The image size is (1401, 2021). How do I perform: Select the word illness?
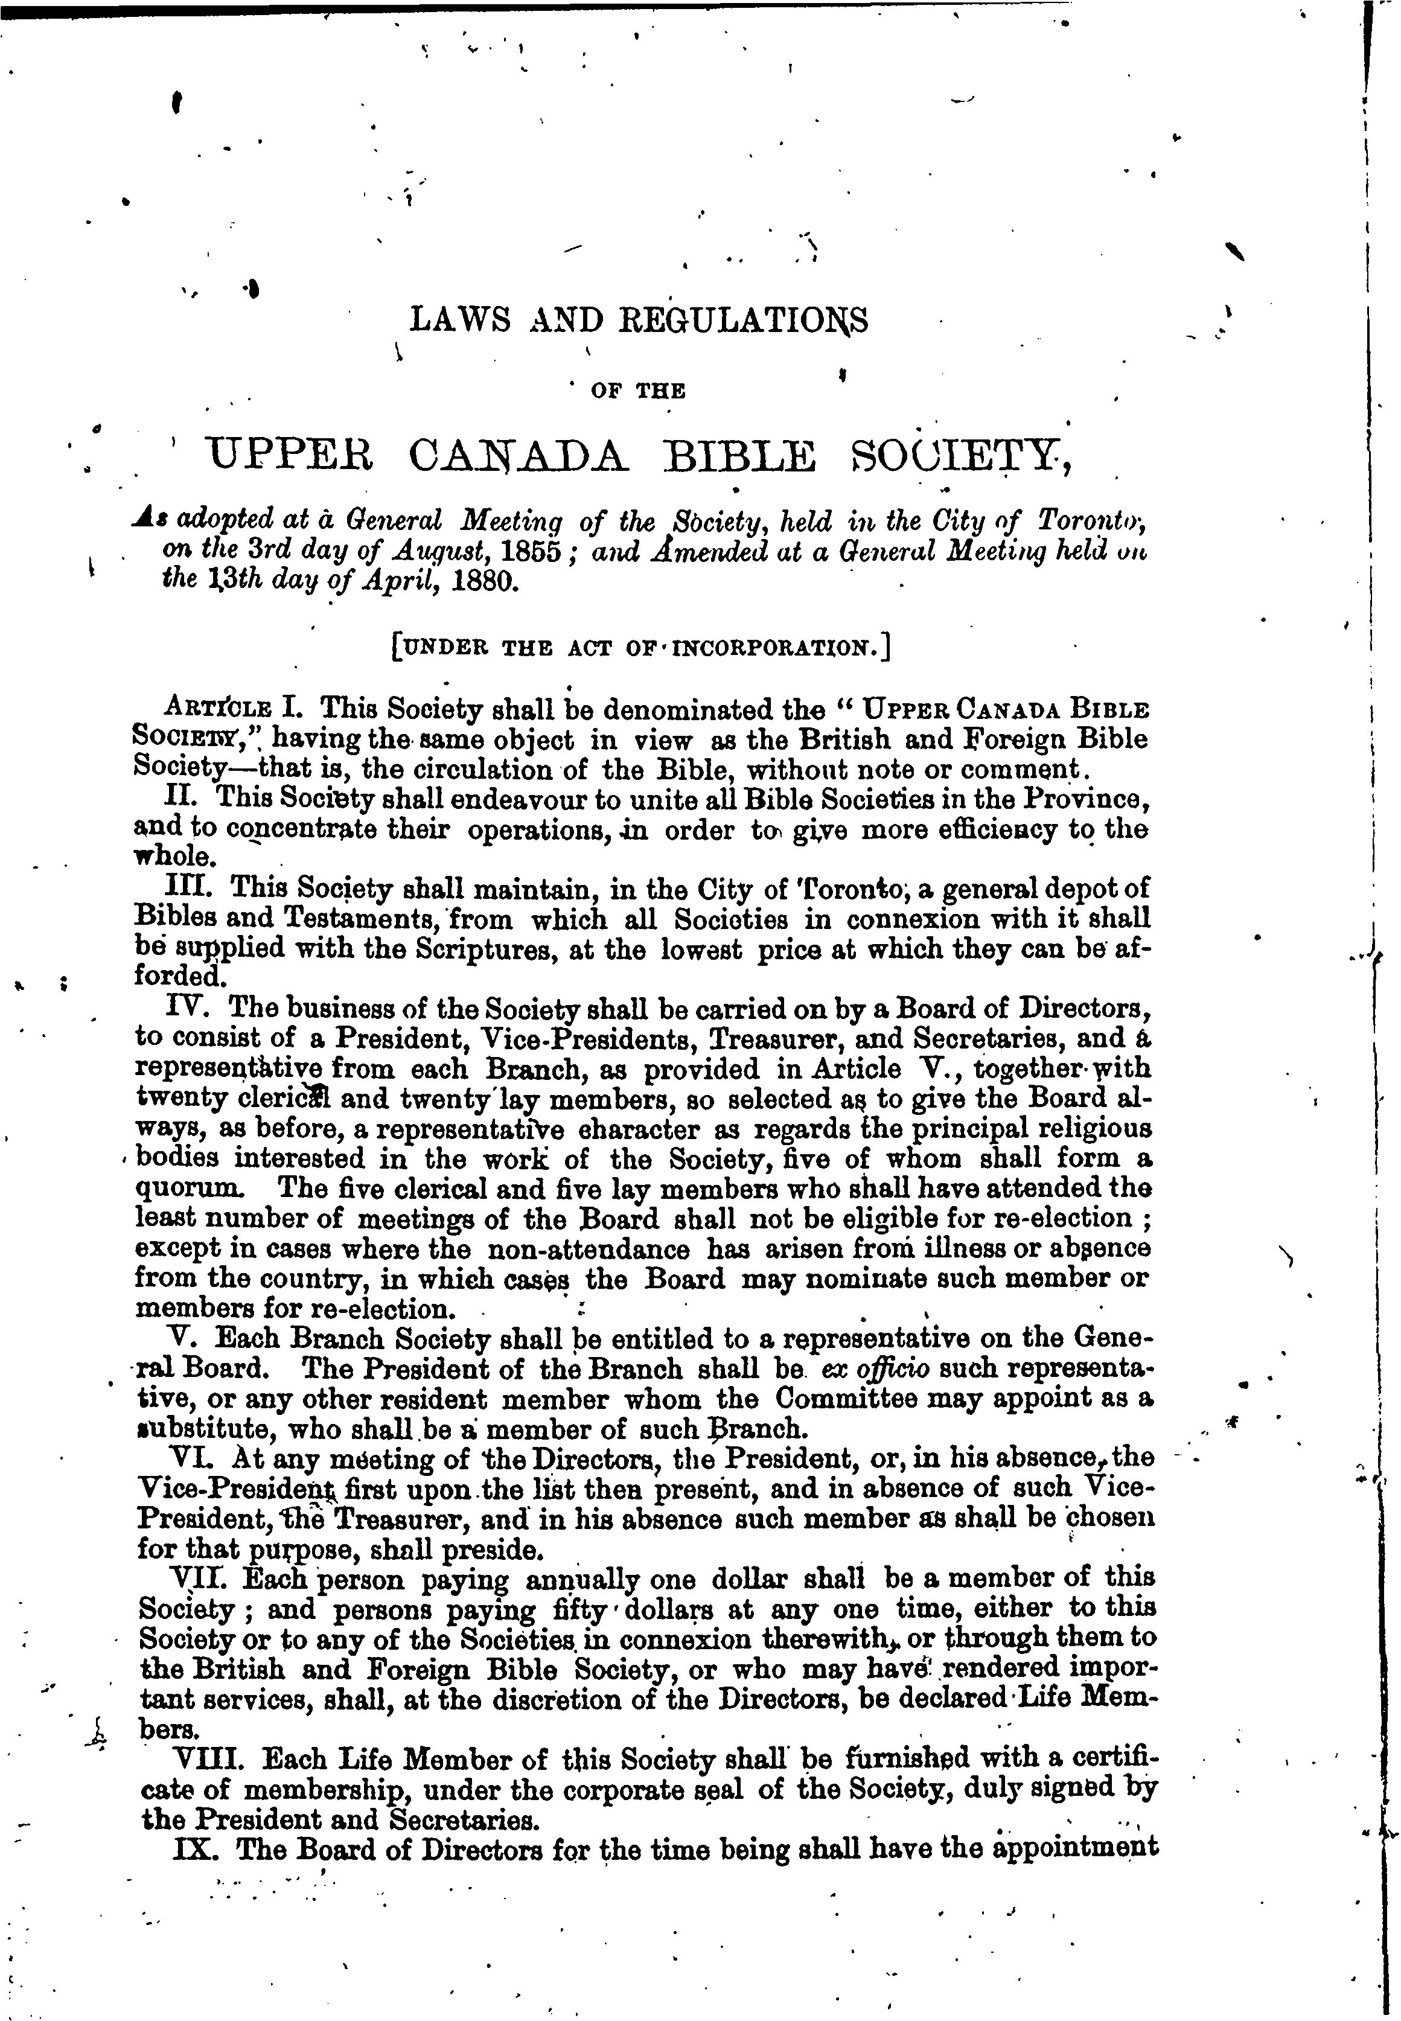tap(942, 1248)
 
